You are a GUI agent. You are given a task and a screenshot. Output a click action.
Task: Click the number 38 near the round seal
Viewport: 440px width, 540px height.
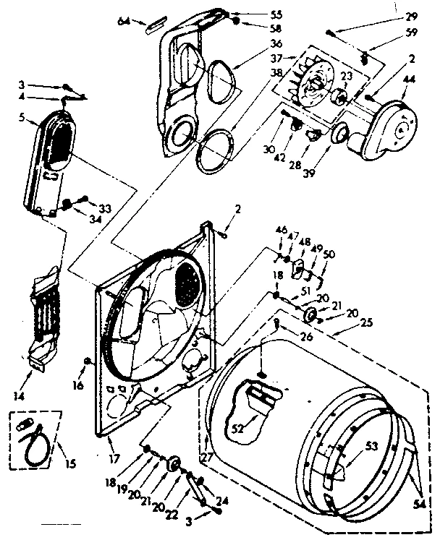(x=255, y=73)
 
